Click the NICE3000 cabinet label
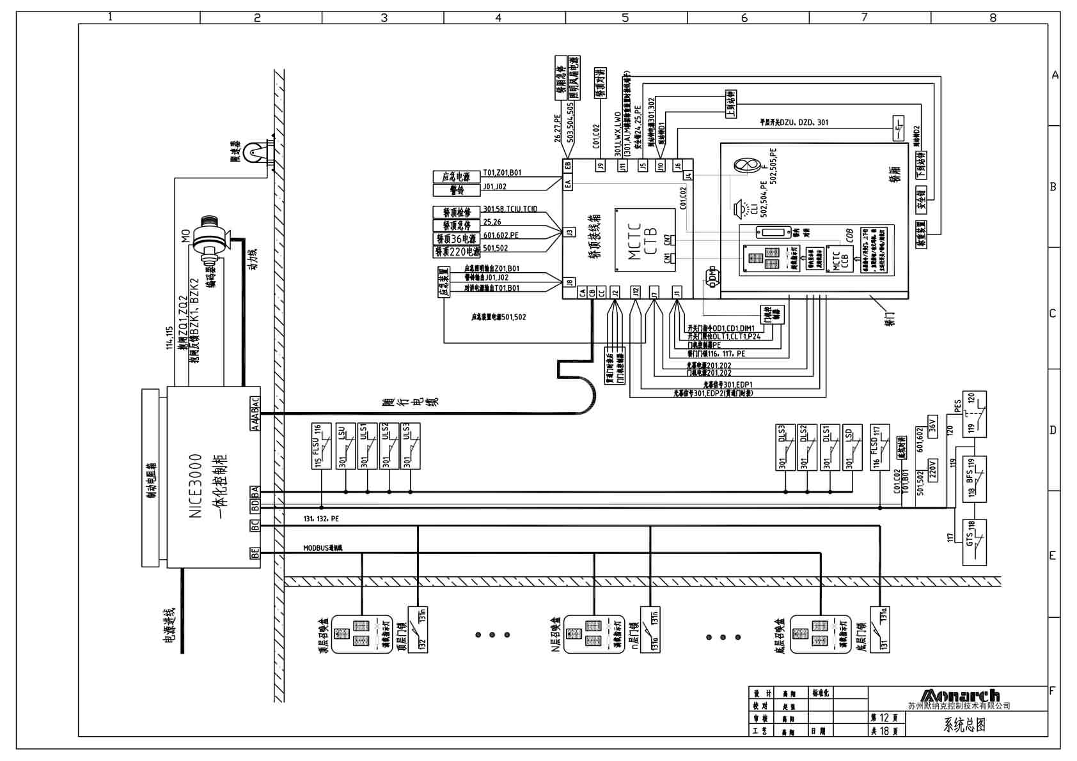pos(196,486)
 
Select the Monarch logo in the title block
pos(960,695)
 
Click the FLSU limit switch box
pos(321,446)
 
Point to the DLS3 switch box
pos(785,447)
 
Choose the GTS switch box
pos(974,542)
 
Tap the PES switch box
pos(974,414)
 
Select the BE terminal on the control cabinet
pos(255,553)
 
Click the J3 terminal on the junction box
pos(569,232)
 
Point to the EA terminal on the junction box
pos(568,184)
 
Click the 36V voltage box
pos(932,424)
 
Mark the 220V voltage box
pos(932,470)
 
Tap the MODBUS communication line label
pos(323,548)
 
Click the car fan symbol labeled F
pos(746,165)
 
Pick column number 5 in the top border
pos(625,18)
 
